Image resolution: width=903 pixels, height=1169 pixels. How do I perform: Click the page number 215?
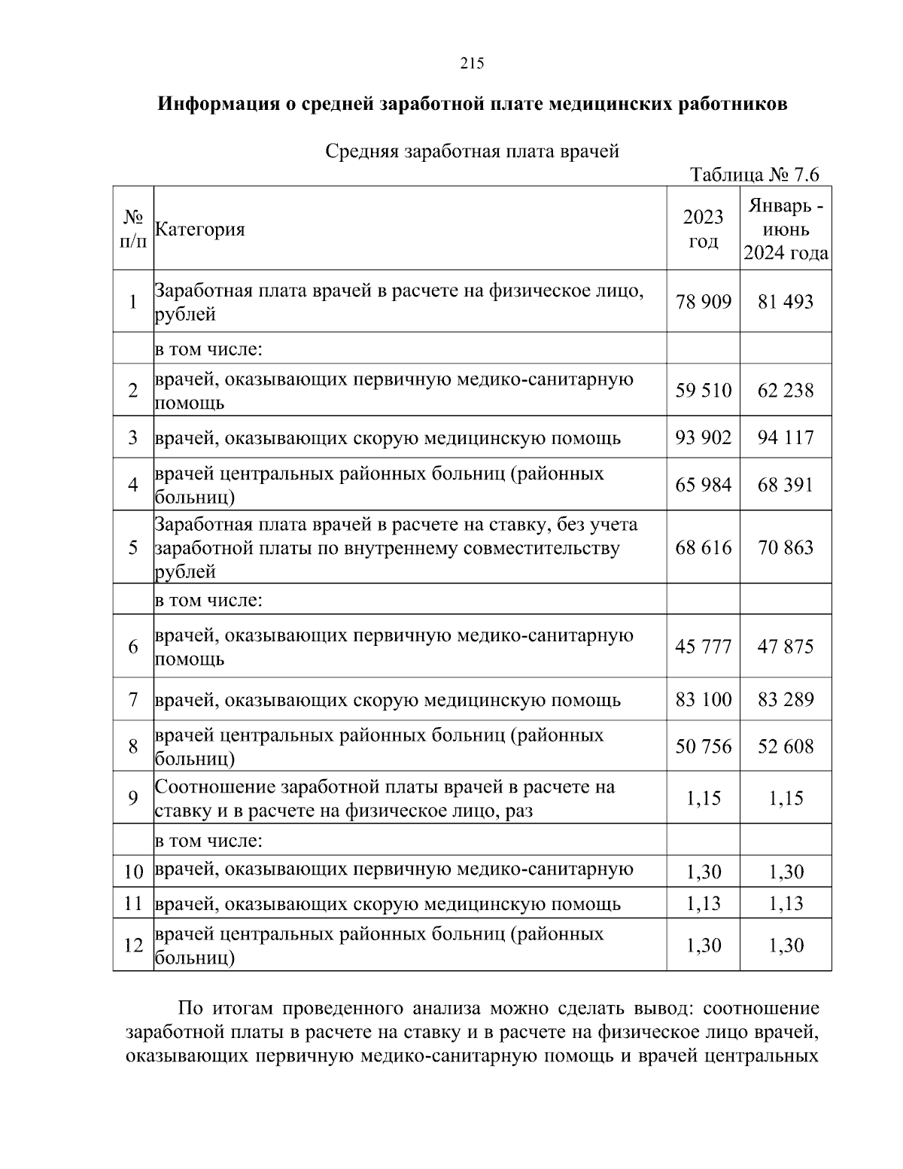click(472, 63)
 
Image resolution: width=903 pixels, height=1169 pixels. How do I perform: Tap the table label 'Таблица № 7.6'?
click(755, 175)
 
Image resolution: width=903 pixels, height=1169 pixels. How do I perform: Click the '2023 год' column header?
click(703, 229)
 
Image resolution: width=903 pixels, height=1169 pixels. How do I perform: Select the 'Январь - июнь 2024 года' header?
click(786, 229)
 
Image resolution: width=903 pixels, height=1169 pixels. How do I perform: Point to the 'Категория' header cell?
click(199, 230)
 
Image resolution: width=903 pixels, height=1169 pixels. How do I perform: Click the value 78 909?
click(703, 302)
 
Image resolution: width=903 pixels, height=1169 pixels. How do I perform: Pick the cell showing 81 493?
click(786, 302)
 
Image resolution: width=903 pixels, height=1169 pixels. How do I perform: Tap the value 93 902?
click(703, 437)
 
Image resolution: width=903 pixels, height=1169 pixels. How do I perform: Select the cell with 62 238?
click(786, 391)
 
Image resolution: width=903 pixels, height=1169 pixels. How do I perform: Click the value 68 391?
click(786, 485)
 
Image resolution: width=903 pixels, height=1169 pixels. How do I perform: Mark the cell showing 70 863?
click(786, 547)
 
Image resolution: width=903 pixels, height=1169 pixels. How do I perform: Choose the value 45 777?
click(703, 647)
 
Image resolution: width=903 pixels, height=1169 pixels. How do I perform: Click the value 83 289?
click(786, 699)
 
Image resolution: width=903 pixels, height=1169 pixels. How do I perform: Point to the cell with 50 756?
click(703, 746)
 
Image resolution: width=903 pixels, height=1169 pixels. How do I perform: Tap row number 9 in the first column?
click(133, 798)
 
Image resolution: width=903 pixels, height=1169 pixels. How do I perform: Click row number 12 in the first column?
click(133, 945)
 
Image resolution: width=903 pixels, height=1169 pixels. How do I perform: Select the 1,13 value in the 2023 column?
click(703, 903)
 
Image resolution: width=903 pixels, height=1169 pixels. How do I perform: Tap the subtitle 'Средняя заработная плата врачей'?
click(472, 151)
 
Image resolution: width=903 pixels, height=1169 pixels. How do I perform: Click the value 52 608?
click(786, 746)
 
